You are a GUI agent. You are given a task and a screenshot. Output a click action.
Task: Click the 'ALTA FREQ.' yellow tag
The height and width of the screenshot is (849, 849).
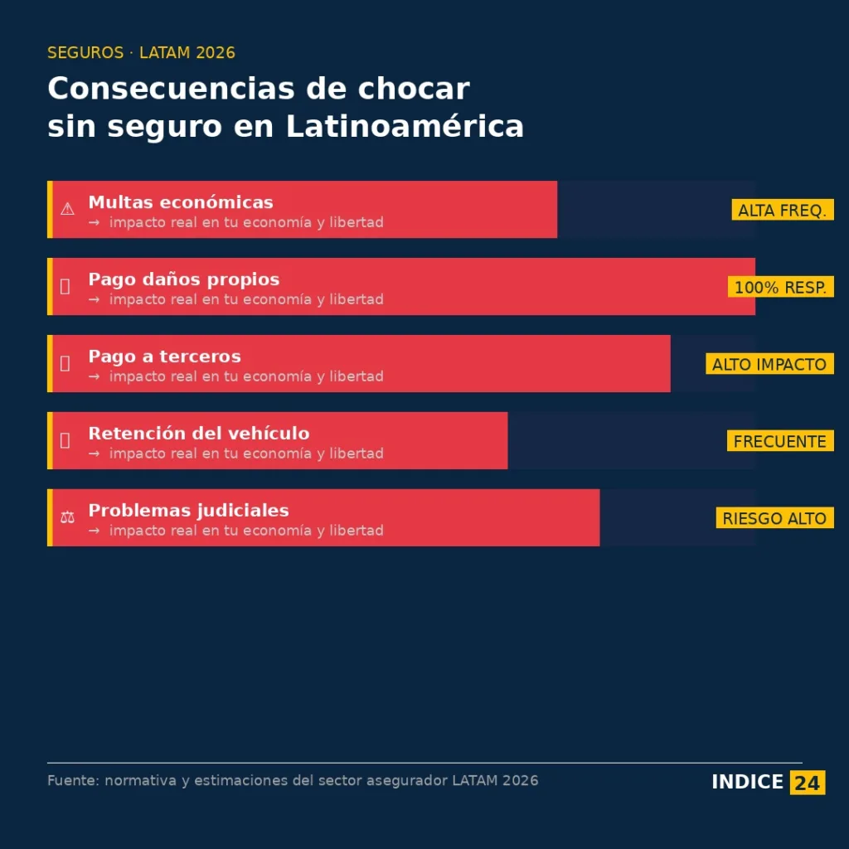(782, 211)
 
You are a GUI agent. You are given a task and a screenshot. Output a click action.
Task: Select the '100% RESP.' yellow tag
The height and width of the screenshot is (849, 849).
(780, 288)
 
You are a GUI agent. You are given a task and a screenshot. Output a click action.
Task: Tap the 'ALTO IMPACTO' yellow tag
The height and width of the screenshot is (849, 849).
(769, 364)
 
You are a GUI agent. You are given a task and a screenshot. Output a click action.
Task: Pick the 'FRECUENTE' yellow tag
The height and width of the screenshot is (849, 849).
(780, 441)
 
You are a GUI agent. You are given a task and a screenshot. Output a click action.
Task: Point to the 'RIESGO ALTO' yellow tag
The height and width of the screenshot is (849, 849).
(774, 518)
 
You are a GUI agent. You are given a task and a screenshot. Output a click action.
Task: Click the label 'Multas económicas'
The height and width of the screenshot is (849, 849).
(181, 202)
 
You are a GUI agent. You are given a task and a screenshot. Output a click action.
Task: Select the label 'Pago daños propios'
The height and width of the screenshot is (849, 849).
(184, 279)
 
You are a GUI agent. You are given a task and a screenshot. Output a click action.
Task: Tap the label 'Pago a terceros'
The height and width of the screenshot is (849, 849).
(164, 357)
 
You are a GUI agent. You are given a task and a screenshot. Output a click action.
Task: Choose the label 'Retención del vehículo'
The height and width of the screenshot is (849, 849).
(199, 434)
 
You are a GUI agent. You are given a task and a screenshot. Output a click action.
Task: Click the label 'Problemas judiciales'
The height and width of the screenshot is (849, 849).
(188, 511)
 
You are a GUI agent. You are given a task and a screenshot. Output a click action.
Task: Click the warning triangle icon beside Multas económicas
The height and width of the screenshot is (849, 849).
(67, 209)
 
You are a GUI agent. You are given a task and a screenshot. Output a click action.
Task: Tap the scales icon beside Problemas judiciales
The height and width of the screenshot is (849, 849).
(67, 517)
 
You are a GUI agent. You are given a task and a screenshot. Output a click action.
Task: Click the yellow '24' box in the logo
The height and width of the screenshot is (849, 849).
(807, 782)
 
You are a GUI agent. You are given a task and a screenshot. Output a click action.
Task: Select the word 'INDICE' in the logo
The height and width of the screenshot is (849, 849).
(747, 782)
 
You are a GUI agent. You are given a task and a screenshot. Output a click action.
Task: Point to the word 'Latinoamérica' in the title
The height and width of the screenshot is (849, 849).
(405, 127)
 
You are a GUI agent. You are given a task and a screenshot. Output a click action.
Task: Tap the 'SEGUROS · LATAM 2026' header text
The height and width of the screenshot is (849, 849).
(141, 53)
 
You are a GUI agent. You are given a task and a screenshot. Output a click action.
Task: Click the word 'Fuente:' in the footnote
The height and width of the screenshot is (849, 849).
(72, 780)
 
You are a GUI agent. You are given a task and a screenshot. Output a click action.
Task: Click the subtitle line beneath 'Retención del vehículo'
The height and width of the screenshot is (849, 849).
(245, 454)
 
